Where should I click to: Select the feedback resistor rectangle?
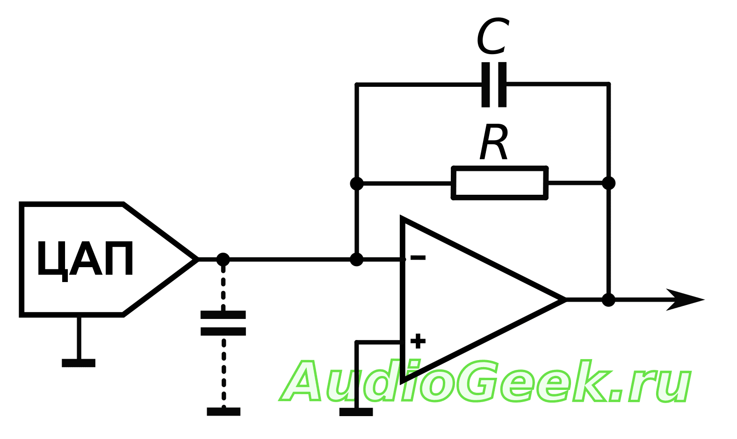[x=499, y=183]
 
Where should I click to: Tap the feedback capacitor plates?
[x=494, y=85]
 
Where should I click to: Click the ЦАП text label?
[x=85, y=259]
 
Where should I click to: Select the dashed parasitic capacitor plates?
[x=223, y=323]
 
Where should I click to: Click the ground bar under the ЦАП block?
[x=79, y=363]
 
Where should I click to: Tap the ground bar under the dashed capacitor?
[x=224, y=411]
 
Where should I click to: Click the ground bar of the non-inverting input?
[x=356, y=411]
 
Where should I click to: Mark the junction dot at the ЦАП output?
[x=223, y=259]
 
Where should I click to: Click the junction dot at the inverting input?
[x=356, y=259]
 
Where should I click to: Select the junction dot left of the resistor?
[x=356, y=183]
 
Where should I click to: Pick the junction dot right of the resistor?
[x=608, y=183]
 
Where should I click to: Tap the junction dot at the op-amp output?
[x=608, y=299]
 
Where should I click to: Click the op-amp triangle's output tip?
[x=565, y=299]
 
